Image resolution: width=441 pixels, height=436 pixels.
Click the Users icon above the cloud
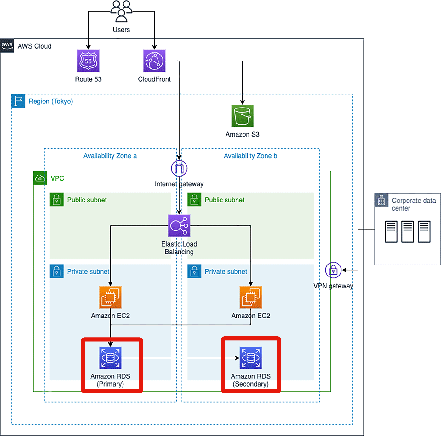[x=121, y=12]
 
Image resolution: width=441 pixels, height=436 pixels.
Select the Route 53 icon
[x=88, y=61]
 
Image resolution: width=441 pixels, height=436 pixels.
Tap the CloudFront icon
[x=154, y=61]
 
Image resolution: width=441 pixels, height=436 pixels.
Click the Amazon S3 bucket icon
[x=242, y=116]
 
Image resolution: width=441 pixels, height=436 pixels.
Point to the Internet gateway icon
[x=179, y=168]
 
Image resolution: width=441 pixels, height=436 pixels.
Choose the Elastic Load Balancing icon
[x=179, y=226]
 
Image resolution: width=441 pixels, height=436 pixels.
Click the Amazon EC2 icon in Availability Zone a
[x=110, y=297]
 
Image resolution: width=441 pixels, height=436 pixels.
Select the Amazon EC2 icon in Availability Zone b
[x=251, y=297]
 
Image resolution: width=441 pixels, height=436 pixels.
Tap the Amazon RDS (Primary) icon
[x=110, y=358]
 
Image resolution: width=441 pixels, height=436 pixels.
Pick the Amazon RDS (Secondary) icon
[x=251, y=358]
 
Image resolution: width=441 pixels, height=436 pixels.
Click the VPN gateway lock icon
[x=333, y=270]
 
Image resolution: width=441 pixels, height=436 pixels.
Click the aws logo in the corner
[x=7, y=46]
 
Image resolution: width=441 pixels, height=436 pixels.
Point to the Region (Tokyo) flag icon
[x=18, y=101]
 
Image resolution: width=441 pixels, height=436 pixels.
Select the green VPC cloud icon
[x=40, y=178]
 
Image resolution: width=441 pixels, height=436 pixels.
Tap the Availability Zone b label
[x=250, y=156]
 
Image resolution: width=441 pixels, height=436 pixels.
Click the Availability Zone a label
[x=110, y=156]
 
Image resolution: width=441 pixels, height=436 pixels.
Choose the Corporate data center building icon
[x=381, y=200]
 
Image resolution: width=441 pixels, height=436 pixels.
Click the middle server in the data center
[x=408, y=232]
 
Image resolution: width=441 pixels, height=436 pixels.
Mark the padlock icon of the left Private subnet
[x=57, y=271]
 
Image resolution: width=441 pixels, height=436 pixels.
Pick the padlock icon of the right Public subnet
[x=194, y=200]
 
